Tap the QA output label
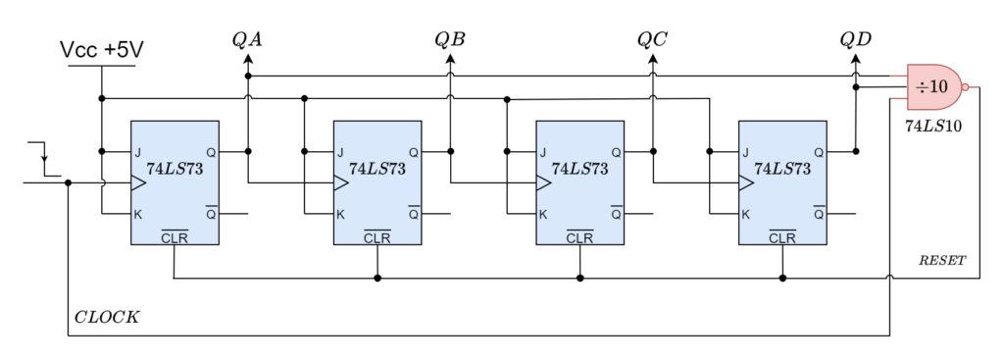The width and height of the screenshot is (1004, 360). (247, 39)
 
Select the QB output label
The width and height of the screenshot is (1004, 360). (450, 39)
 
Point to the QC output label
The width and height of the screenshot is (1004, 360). (653, 39)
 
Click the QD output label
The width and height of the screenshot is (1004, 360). (855, 39)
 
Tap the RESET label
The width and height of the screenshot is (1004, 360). (942, 261)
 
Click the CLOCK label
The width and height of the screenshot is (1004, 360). (106, 318)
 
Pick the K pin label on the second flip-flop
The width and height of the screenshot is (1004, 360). (340, 214)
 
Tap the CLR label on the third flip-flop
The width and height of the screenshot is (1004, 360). (579, 236)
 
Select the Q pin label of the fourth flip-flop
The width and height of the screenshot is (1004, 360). (818, 152)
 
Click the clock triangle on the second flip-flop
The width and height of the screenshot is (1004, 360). (341, 182)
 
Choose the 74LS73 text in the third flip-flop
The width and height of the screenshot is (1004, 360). (579, 169)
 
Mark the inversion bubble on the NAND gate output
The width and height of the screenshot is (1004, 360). (966, 87)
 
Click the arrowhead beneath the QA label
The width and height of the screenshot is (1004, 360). (247, 60)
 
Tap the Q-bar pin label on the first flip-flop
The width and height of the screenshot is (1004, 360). (211, 213)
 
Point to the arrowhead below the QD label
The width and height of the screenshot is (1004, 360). (855, 60)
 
